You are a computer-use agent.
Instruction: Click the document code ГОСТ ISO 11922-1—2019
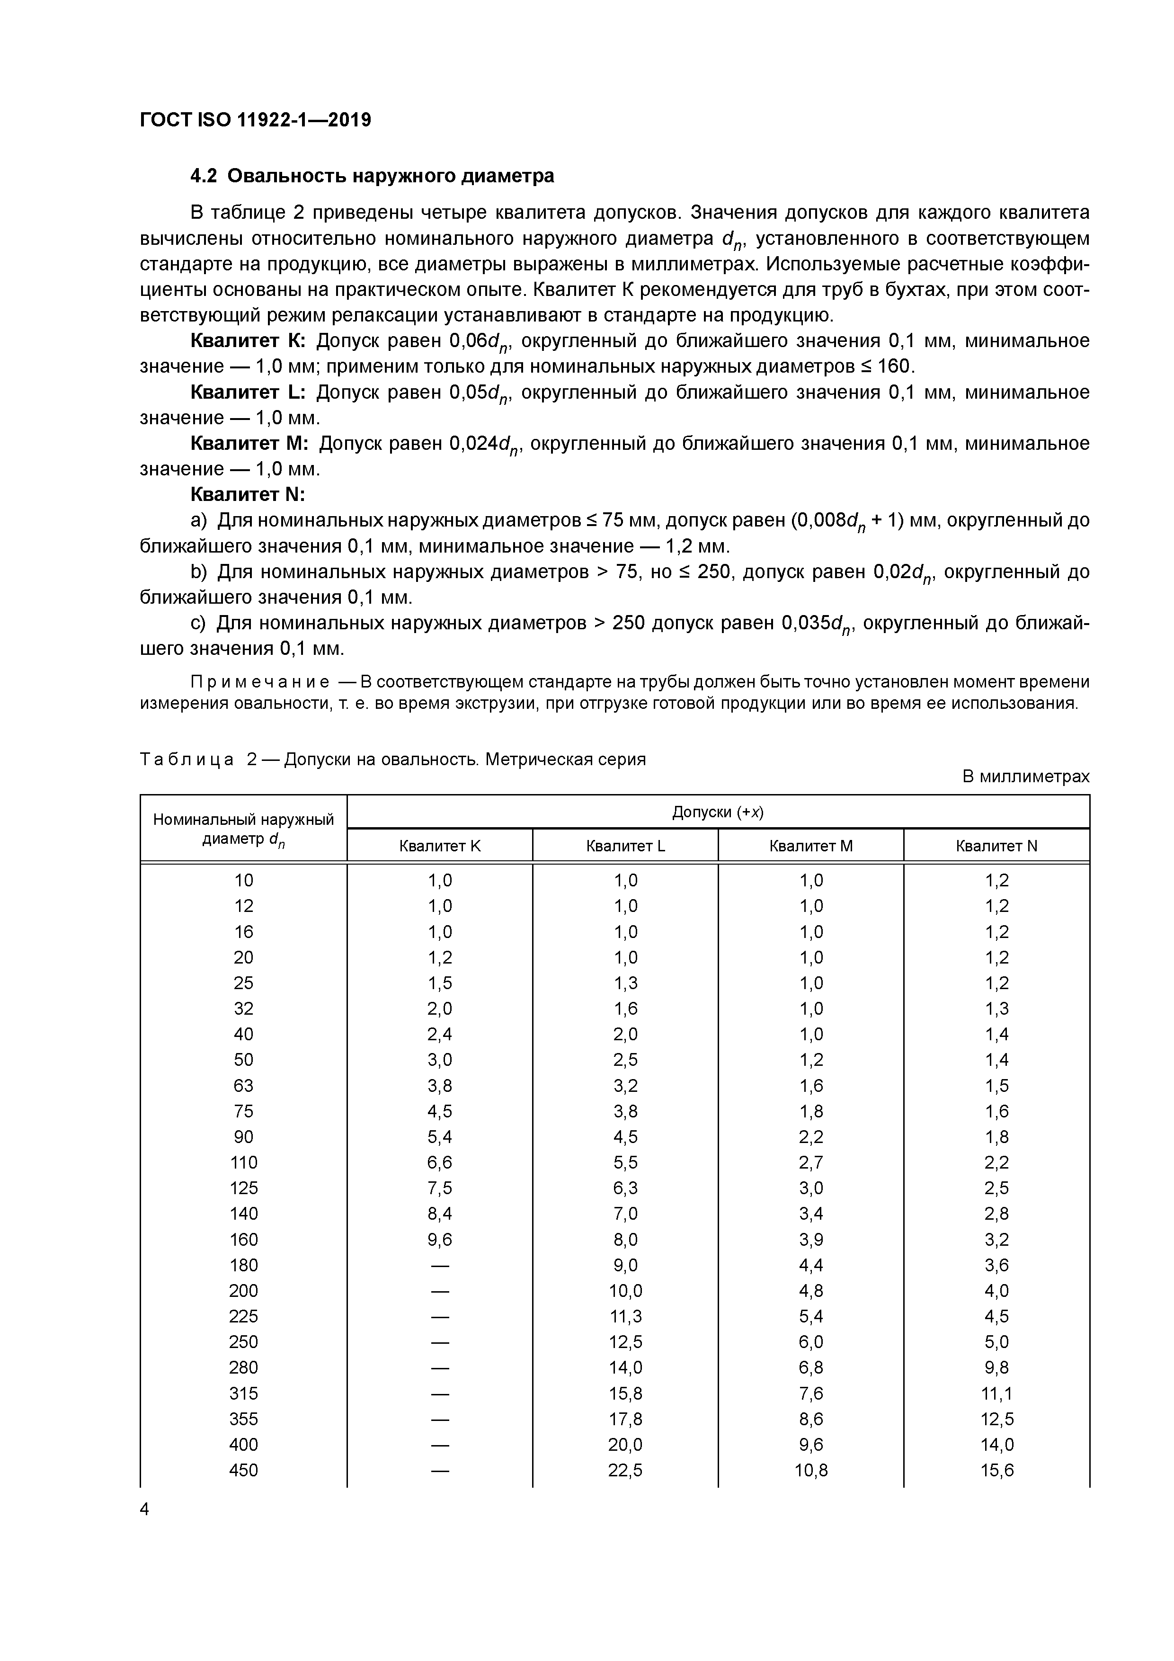coord(255,120)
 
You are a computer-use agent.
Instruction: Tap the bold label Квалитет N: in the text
coord(248,495)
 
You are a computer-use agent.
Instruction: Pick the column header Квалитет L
coord(625,846)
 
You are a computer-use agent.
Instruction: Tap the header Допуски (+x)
coord(718,812)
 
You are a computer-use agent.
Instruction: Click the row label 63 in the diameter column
coord(244,1085)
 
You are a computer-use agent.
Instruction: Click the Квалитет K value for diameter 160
coord(439,1239)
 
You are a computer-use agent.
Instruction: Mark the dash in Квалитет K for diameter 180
coord(439,1265)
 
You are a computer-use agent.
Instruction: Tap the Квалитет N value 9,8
coord(997,1367)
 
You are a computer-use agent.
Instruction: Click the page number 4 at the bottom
coord(145,1509)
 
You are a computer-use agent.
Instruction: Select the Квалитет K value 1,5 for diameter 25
coord(439,982)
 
